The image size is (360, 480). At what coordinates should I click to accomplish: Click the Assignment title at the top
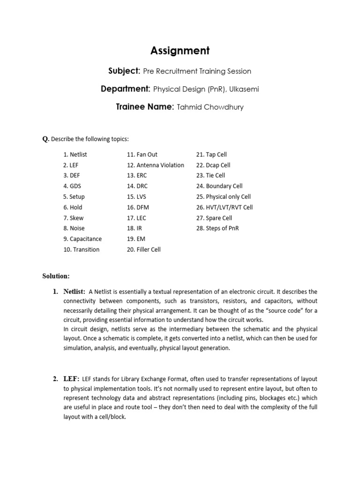(x=180, y=51)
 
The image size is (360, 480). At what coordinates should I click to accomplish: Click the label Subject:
(x=124, y=71)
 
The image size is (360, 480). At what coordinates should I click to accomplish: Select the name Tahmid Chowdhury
(x=210, y=107)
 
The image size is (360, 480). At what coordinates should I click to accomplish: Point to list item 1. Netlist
(x=75, y=154)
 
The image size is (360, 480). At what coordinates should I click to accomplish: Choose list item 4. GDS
(x=72, y=186)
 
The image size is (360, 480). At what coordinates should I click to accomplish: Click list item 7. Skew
(x=73, y=218)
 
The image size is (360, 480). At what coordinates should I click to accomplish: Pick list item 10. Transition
(x=82, y=249)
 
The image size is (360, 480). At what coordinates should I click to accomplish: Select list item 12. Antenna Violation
(x=155, y=165)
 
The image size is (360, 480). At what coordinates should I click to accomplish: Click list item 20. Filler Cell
(x=143, y=249)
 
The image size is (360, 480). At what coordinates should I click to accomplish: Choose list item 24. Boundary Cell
(x=219, y=186)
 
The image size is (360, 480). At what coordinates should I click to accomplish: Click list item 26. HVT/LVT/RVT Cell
(x=225, y=207)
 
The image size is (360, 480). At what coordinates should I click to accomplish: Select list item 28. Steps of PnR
(x=217, y=228)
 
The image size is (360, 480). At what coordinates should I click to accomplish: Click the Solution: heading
(x=56, y=276)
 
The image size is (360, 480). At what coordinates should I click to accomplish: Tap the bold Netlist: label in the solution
(x=74, y=292)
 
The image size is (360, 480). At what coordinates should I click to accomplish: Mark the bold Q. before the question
(x=45, y=139)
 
